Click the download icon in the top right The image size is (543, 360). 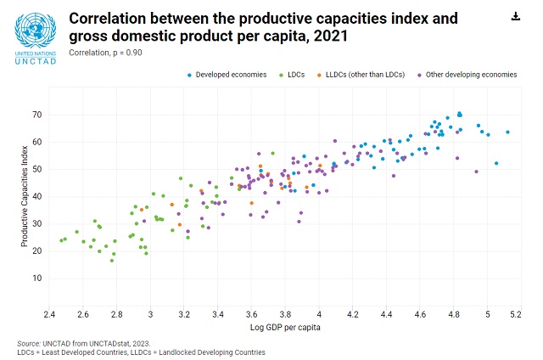[x=515, y=16]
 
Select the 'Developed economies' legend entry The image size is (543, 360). [x=224, y=75]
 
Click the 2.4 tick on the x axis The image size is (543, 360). [x=49, y=315]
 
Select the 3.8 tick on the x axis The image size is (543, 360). [x=285, y=315]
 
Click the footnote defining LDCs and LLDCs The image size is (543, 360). [x=145, y=352]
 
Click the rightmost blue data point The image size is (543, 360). [x=507, y=132]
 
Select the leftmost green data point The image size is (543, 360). [x=61, y=240]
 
